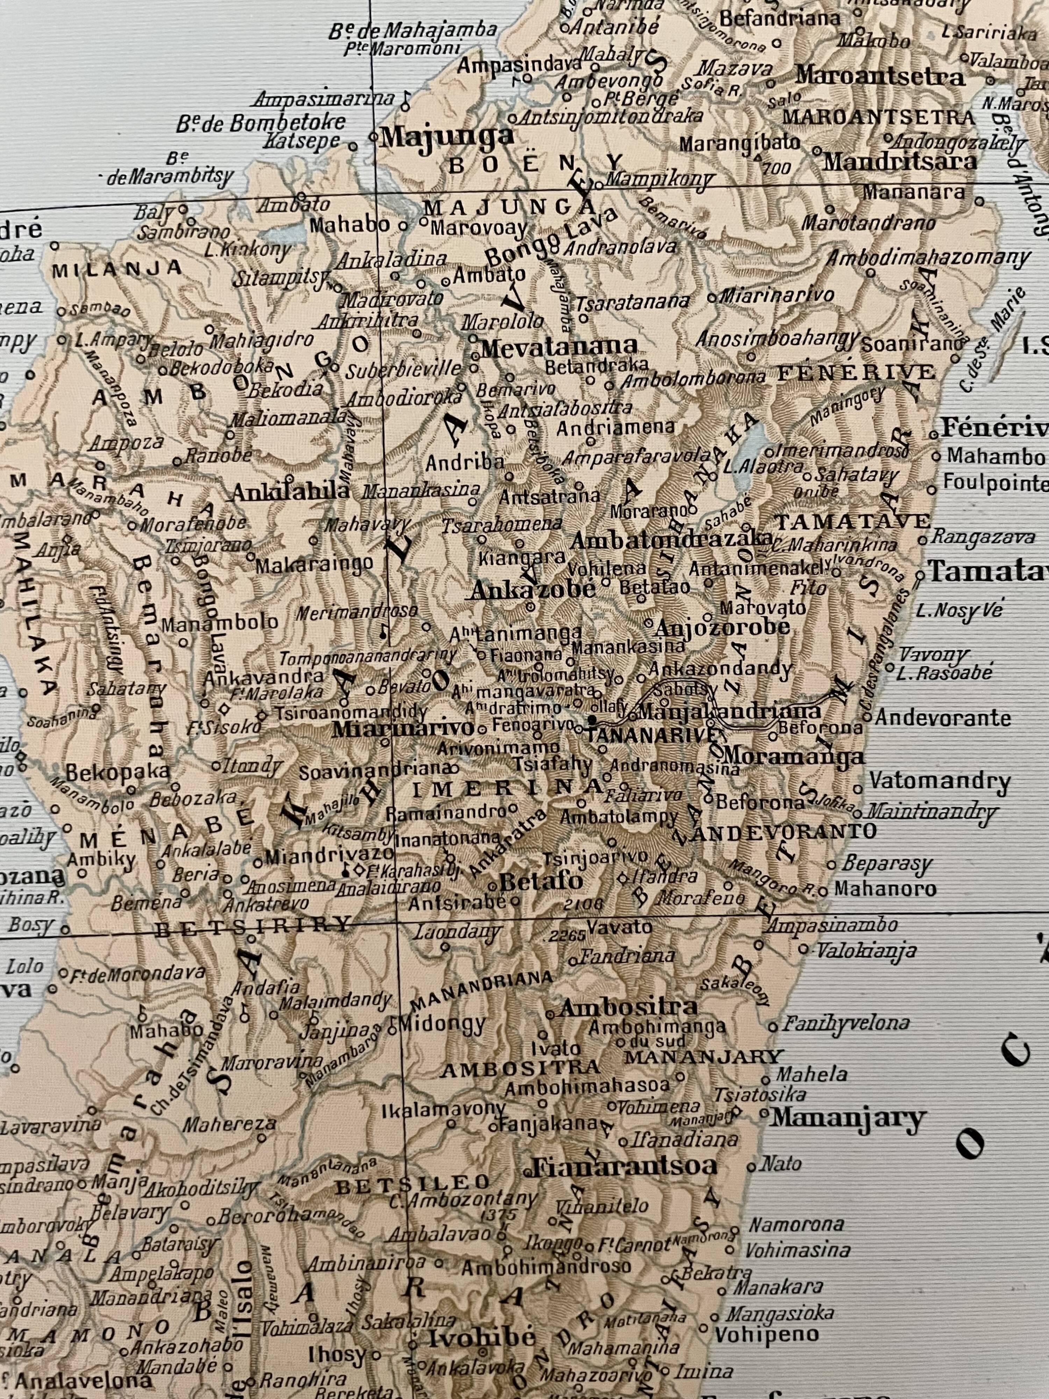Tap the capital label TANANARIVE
click(x=652, y=735)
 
